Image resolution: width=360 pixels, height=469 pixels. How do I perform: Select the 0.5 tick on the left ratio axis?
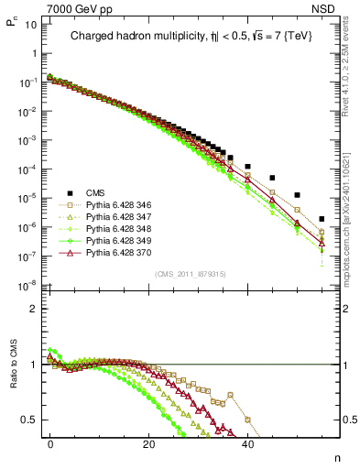pos(29,420)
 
